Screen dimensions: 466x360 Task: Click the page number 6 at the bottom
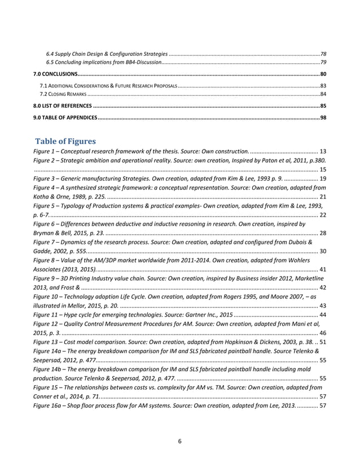pyautogui.click(x=179, y=441)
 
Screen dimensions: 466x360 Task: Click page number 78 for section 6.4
pyautogui.click(x=323, y=52)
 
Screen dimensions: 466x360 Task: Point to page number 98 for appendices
pyautogui.click(x=322, y=117)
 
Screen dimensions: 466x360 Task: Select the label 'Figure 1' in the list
pyautogui.click(x=45, y=152)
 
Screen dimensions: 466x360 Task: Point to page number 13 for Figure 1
pyautogui.click(x=322, y=152)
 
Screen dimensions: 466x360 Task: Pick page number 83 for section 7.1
pyautogui.click(x=323, y=85)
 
